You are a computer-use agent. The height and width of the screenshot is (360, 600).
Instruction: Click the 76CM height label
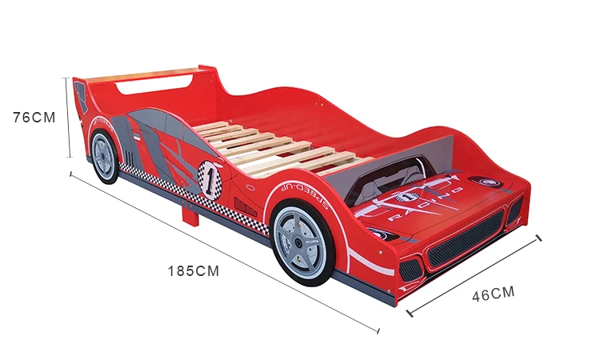coord(34,117)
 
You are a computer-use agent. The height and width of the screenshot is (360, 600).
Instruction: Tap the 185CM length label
coord(193,270)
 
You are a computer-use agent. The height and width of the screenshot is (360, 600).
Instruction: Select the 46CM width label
coord(493,294)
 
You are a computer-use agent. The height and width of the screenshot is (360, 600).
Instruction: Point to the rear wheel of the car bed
coord(104,158)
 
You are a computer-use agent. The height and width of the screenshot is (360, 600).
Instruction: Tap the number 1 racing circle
coord(210,178)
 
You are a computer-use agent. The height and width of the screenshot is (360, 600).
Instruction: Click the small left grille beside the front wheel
coord(410,270)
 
